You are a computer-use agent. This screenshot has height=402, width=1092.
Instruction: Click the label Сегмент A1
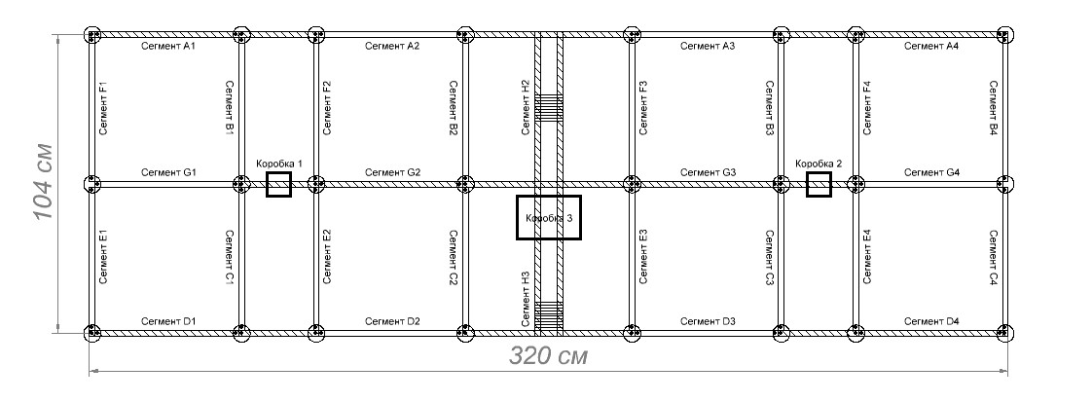pos(168,46)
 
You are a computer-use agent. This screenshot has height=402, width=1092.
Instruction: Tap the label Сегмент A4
pos(931,46)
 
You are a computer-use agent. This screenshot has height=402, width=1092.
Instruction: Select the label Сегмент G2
pos(393,172)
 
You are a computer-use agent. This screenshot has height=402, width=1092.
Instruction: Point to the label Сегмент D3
pos(708,321)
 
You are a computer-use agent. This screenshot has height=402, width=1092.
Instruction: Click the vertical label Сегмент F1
pos(104,108)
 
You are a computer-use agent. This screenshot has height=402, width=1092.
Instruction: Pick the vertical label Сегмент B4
pos(994,108)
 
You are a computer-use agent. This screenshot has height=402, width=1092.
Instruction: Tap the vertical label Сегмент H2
pos(526,107)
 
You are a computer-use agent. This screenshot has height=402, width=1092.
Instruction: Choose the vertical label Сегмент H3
pos(526,299)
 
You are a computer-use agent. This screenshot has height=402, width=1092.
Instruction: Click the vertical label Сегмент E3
pos(642,256)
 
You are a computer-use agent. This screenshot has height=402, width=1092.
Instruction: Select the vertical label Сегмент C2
pos(453,257)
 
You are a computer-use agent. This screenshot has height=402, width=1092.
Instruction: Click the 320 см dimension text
pos(549,356)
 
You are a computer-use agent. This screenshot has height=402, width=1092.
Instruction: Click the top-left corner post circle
pos(92,35)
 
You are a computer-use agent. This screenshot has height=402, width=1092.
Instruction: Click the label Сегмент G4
pos(931,172)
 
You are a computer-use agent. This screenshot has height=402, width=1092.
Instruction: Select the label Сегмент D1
pos(168,321)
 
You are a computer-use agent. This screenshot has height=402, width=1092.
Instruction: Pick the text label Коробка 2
pos(819,164)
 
